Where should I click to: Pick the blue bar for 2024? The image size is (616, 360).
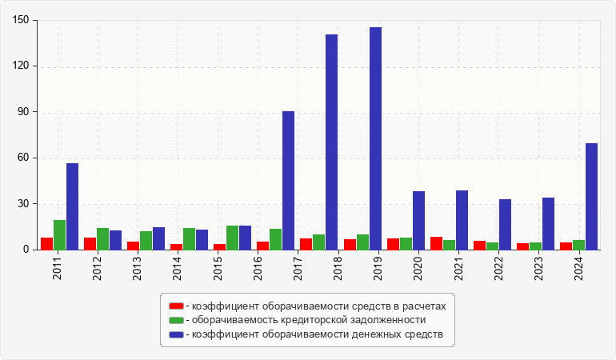click(x=591, y=196)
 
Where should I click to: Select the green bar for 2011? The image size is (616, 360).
click(x=59, y=234)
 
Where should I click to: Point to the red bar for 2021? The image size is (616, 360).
click(x=436, y=243)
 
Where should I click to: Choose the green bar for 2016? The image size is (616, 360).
click(x=275, y=239)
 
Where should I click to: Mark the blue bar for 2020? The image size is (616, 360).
click(x=418, y=220)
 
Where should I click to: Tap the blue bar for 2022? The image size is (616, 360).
click(x=505, y=224)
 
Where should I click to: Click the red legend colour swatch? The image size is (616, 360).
click(x=176, y=306)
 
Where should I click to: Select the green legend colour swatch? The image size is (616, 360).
click(x=176, y=320)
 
